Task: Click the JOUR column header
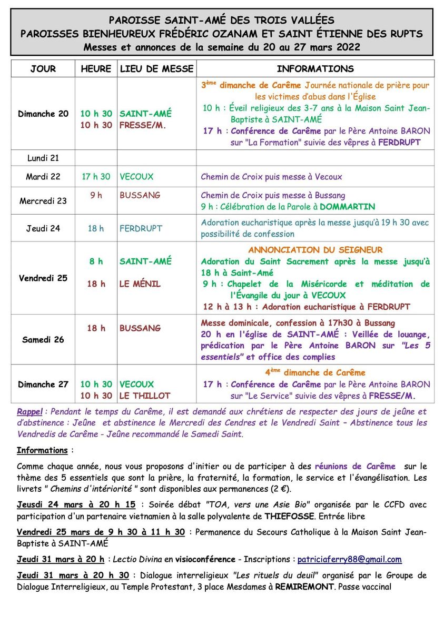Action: coord(43,69)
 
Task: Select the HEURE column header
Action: coord(96,69)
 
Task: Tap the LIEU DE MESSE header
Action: coord(157,69)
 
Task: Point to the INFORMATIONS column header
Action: coord(315,69)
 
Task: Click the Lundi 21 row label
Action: coord(43,158)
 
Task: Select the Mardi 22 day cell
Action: coord(43,177)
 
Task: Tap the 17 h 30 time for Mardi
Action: coord(96,177)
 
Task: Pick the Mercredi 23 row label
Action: coord(43,200)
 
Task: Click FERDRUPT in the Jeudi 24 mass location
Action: coord(141,229)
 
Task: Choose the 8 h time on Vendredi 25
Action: coord(96,261)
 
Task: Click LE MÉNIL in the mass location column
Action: coord(140,284)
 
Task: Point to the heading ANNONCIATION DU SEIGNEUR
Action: coord(315,250)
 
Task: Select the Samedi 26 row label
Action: coord(43,340)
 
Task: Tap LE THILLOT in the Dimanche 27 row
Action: coord(145,396)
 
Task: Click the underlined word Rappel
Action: coord(29,412)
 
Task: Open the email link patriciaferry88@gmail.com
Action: coord(349,560)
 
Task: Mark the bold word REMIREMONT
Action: coord(303,586)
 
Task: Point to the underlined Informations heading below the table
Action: coord(42,450)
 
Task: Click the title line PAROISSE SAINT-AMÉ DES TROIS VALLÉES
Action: coord(221,21)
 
